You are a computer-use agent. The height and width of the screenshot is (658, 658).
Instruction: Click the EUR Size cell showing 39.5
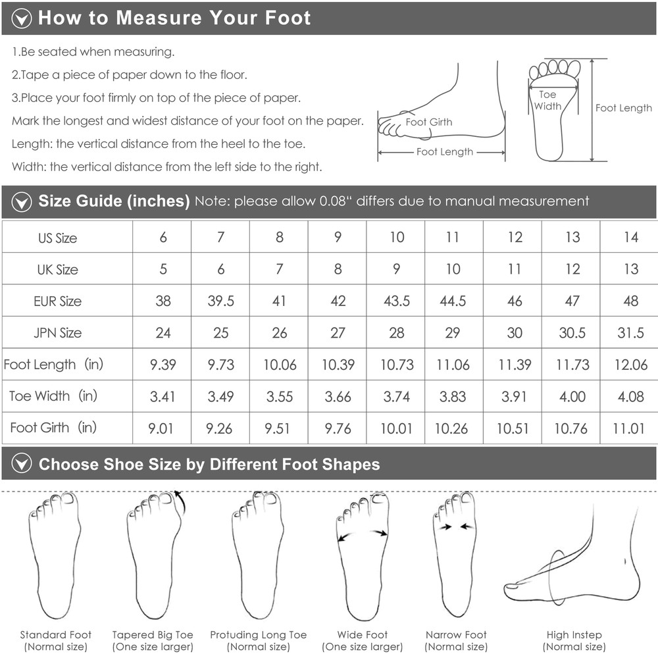pos(220,301)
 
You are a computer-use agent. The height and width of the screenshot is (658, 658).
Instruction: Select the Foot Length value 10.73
pos(397,365)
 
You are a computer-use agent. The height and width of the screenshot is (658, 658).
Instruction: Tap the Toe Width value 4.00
pos(572,397)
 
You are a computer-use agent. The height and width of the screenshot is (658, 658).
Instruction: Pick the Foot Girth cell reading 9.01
pos(161,428)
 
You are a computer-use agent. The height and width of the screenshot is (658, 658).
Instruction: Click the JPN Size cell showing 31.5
pos(630,333)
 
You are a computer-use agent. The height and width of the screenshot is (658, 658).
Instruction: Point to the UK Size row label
pos(57,269)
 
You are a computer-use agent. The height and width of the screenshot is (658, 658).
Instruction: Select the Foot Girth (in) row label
pos(53,428)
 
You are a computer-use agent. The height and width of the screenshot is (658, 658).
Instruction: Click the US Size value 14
pos(631,237)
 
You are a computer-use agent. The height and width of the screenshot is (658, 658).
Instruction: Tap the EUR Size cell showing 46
pos(515,301)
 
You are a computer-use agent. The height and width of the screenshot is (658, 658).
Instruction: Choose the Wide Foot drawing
pos(362,556)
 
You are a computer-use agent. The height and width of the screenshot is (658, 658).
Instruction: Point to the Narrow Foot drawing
pos(455,554)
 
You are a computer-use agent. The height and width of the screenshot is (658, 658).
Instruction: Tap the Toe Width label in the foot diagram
pos(547,100)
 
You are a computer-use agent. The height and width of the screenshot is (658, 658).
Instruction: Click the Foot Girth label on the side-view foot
pos(429,122)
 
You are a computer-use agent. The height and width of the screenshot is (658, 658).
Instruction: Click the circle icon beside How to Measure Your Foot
pos(22,18)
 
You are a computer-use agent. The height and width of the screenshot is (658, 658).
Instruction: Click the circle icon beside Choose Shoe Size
pos(22,464)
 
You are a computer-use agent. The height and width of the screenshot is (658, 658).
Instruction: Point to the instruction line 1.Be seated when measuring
pos(93,52)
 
